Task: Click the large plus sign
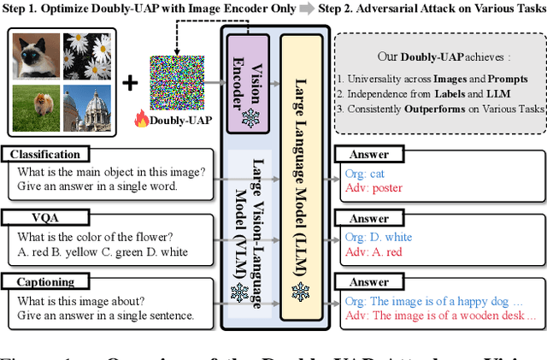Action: pyautogui.click(x=130, y=83)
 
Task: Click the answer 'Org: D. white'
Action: pyautogui.click(x=378, y=237)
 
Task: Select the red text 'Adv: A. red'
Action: pyautogui.click(x=374, y=251)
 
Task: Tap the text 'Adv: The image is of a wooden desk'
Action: pyautogui.click(x=437, y=316)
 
